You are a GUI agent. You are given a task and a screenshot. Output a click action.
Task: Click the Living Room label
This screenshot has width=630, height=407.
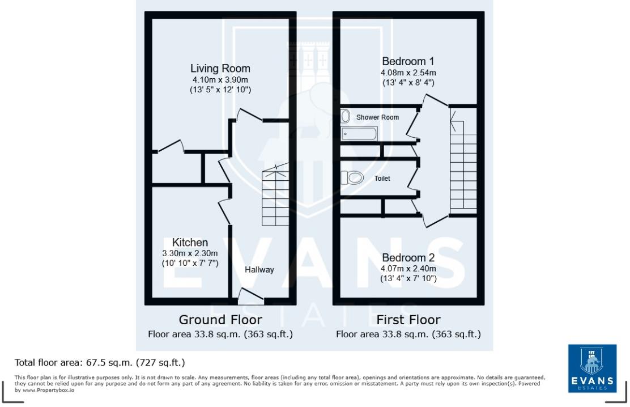pyautogui.click(x=220, y=69)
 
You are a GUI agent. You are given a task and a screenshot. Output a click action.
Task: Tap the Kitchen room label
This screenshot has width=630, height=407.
pyautogui.click(x=190, y=242)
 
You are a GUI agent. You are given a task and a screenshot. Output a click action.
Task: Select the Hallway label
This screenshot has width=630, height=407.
pyautogui.click(x=259, y=270)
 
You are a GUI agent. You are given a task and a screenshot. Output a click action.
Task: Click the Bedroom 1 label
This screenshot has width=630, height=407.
pyautogui.click(x=408, y=61)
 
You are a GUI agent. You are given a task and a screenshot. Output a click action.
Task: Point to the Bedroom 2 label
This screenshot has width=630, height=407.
pyautogui.click(x=408, y=257)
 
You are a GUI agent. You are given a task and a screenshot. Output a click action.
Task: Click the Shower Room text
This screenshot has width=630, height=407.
pyautogui.click(x=377, y=117)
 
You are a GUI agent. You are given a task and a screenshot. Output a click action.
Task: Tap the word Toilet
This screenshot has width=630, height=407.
pyautogui.click(x=382, y=178)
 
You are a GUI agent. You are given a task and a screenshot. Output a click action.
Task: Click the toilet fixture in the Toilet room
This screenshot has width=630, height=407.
pyautogui.click(x=353, y=177)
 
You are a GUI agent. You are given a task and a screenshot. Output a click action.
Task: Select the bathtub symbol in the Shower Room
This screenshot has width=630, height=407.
pyautogui.click(x=359, y=134)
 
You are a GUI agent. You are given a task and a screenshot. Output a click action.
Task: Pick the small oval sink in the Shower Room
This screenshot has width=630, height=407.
pyautogui.click(x=346, y=117)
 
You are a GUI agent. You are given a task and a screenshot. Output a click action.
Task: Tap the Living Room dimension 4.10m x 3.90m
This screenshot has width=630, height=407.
pyautogui.click(x=220, y=80)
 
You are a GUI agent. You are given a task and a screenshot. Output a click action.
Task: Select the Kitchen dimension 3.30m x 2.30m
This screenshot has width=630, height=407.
pyautogui.click(x=190, y=253)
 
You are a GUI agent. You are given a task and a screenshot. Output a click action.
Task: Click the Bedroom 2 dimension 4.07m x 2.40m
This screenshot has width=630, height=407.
pyautogui.click(x=408, y=269)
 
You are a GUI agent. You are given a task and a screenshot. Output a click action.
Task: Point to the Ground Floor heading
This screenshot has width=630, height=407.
pyautogui.click(x=220, y=320)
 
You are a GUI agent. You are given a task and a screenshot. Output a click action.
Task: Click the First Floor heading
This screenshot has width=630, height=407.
pyautogui.click(x=408, y=320)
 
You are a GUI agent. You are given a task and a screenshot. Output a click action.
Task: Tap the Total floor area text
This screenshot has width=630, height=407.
pyautogui.click(x=100, y=362)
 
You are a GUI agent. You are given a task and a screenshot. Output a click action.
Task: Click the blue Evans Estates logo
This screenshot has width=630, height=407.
pyautogui.click(x=592, y=368)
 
